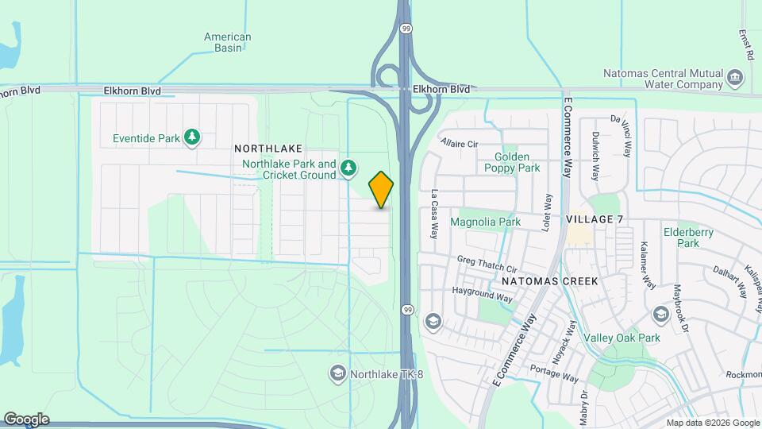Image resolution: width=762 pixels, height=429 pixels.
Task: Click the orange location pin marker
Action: coord(381,189)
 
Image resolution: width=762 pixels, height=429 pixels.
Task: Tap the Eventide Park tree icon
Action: coord(191,138)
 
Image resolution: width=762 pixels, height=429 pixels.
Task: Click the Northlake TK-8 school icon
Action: coord(337,373)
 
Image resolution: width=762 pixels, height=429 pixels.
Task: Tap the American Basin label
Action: coord(228,42)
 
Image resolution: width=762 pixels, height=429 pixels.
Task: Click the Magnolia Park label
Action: coord(486,222)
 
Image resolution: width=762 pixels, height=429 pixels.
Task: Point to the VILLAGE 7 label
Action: coord(595,218)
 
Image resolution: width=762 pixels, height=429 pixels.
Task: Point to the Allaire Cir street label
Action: coord(460,144)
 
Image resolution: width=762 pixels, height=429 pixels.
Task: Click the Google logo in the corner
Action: coord(25,419)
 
